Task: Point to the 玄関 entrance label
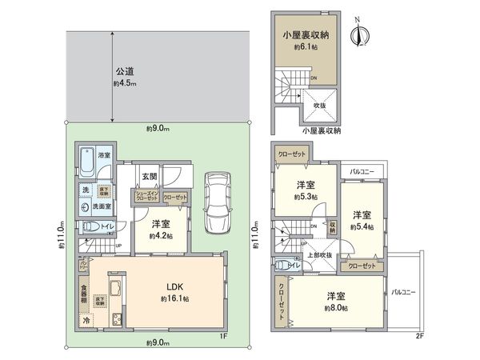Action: click(x=149, y=176)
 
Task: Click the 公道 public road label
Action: click(x=121, y=70)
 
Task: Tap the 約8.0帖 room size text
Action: click(x=336, y=307)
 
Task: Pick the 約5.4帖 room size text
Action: click(x=362, y=227)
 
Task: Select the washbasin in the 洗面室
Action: click(x=86, y=206)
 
